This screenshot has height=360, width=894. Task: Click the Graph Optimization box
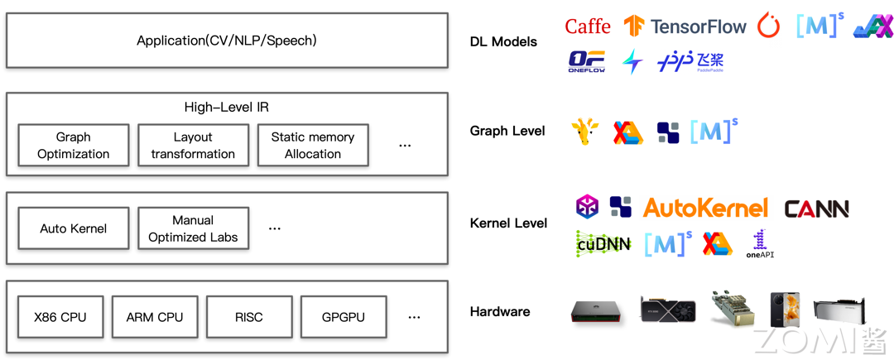click(74, 146)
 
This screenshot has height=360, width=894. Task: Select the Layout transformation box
click(193, 146)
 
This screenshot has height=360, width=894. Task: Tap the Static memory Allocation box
click(313, 146)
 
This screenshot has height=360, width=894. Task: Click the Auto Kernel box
click(74, 228)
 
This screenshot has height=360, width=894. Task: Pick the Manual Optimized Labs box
click(193, 228)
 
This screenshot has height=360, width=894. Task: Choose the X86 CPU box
click(60, 317)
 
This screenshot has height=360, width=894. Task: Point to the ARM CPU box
click(155, 317)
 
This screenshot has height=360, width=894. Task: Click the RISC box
click(249, 317)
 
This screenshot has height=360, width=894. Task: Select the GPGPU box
click(344, 317)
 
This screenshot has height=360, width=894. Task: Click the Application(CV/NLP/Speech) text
click(226, 41)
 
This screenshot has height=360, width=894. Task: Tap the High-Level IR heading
click(226, 107)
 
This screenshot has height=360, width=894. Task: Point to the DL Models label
click(503, 41)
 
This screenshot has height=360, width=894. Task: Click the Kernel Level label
click(508, 223)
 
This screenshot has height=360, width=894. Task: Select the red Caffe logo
click(588, 26)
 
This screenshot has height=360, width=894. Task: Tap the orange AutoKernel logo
click(706, 208)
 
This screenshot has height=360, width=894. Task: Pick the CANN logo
click(816, 209)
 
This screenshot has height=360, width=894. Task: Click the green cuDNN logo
click(603, 244)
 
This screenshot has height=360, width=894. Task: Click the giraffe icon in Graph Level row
click(584, 132)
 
